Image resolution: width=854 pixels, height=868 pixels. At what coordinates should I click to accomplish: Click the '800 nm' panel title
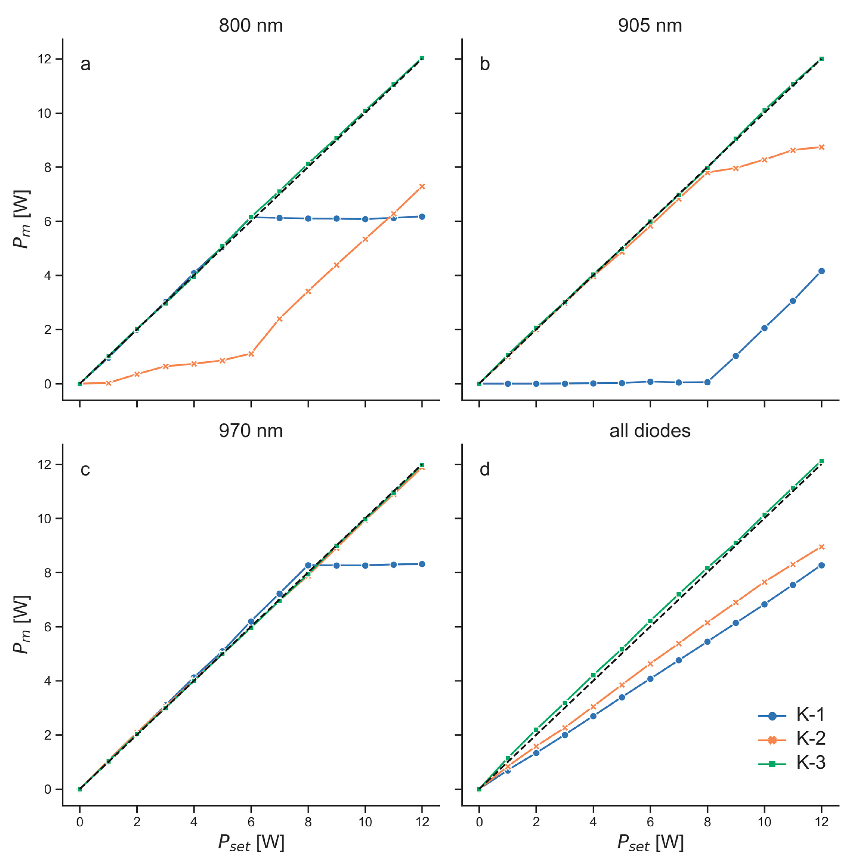click(x=251, y=26)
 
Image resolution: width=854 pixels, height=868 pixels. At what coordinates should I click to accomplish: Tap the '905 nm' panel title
click(x=650, y=26)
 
